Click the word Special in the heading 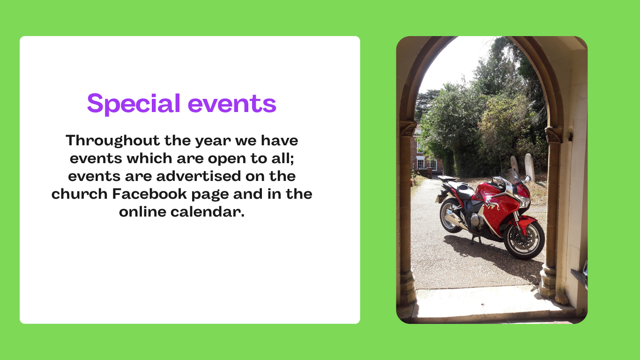(x=134, y=104)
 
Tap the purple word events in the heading (x=232, y=104)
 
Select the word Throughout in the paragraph (x=112, y=141)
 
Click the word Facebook (x=149, y=194)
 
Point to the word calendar (x=208, y=211)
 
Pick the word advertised (x=199, y=176)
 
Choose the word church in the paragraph (x=80, y=194)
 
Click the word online (x=142, y=211)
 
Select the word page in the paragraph (x=210, y=195)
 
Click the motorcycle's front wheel (x=524, y=240)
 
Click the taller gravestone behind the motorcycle (x=530, y=167)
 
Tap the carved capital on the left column (x=407, y=128)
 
